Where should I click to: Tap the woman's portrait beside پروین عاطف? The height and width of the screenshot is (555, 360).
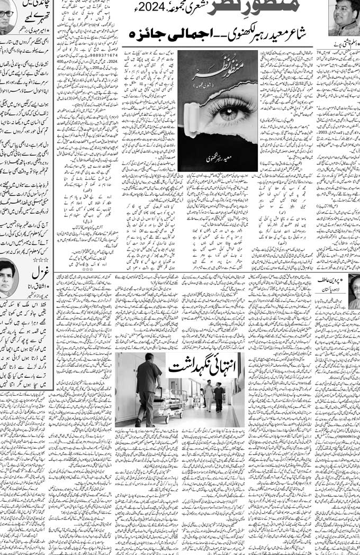(x=354, y=292)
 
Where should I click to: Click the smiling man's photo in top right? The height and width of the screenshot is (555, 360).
(x=344, y=17)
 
